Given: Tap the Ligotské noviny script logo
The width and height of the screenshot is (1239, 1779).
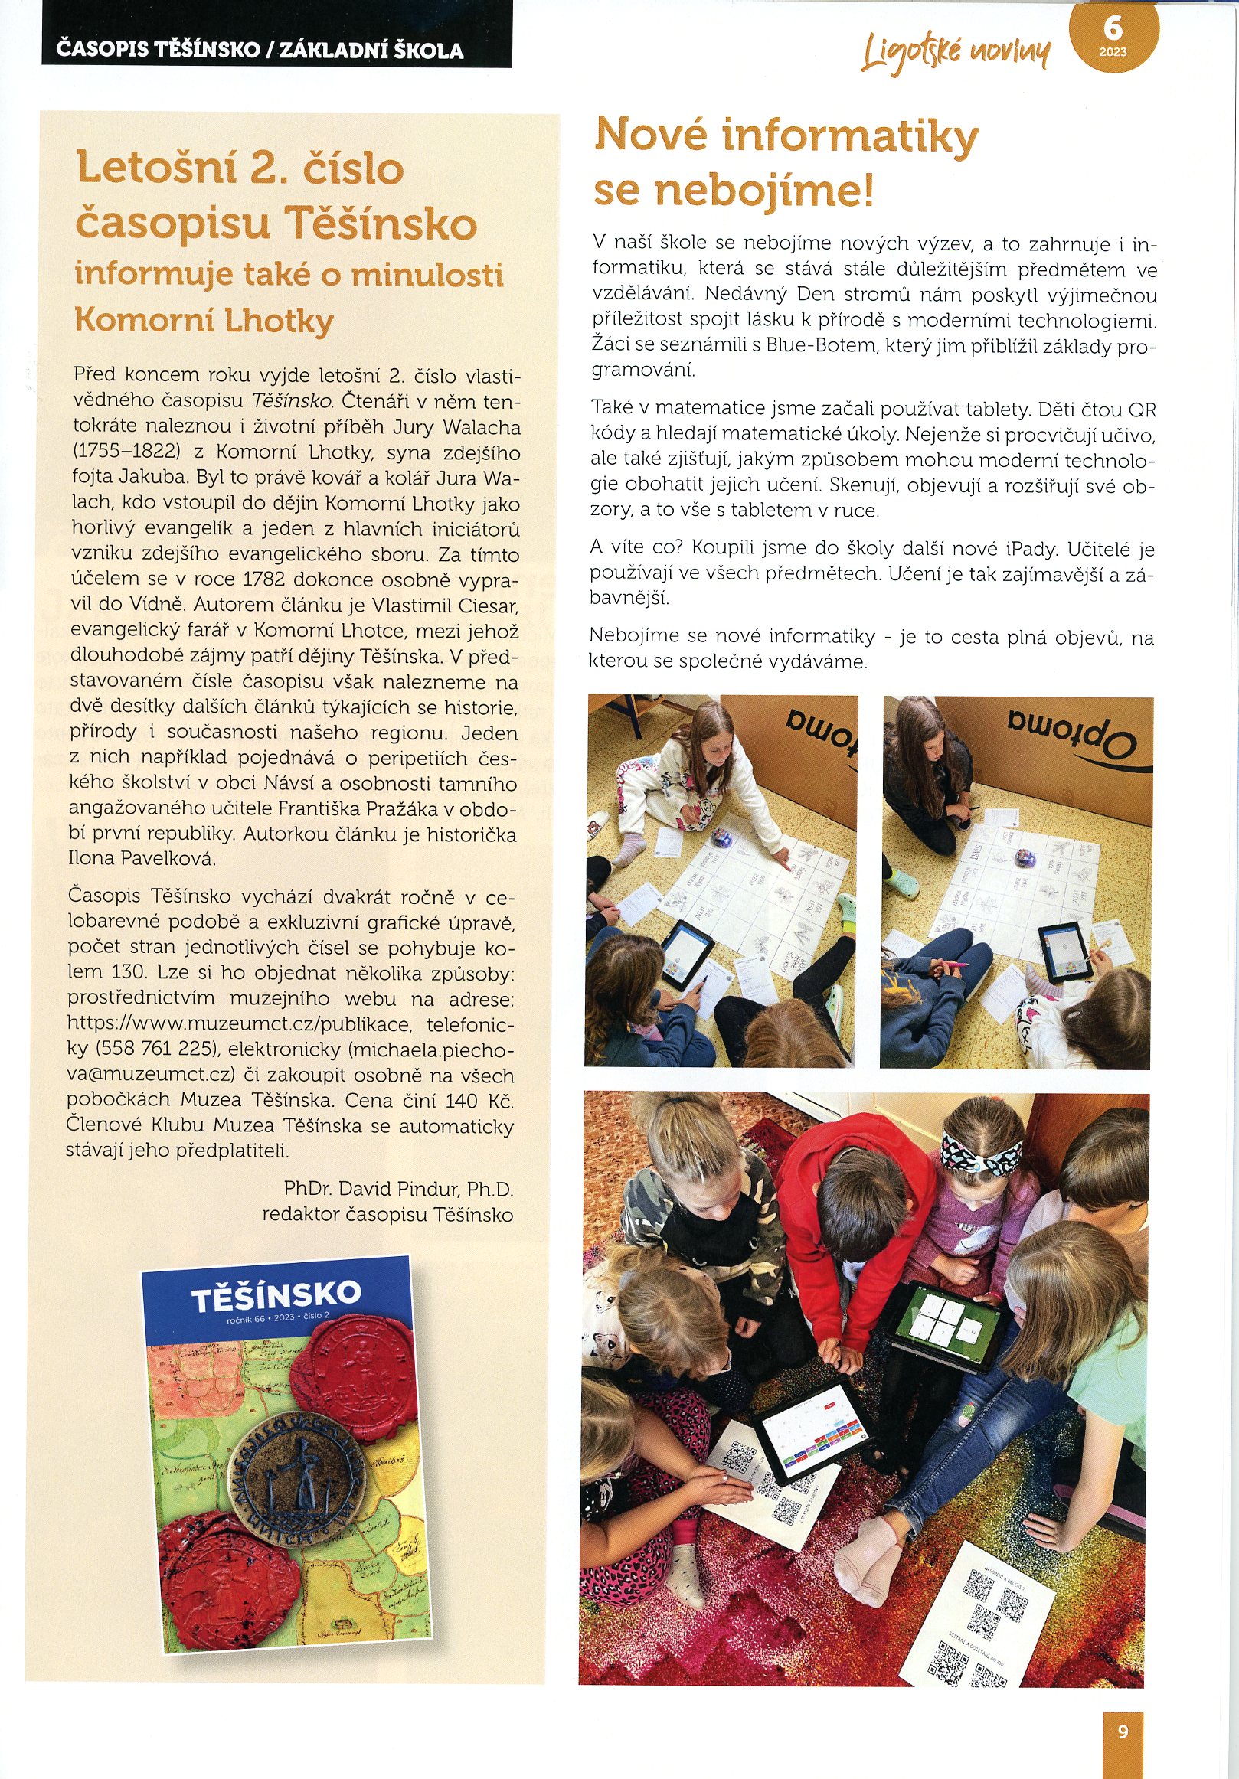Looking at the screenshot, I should [x=957, y=51].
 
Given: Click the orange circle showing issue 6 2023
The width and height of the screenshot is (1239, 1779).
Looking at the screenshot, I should [x=1113, y=36].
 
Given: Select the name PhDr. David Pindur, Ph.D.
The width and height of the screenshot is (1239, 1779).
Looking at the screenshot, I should [x=398, y=1189].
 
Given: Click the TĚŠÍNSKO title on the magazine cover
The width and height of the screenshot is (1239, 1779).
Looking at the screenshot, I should [x=276, y=1294].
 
